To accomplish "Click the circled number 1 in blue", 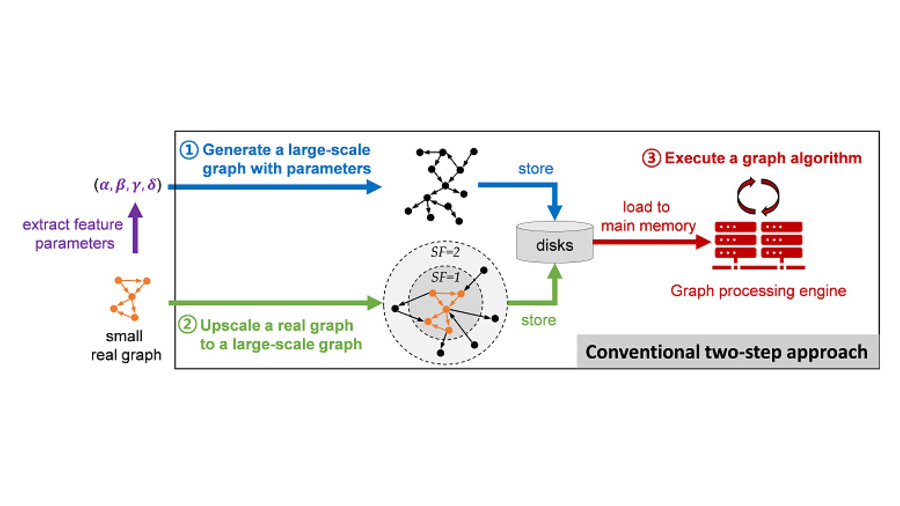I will point(188,150).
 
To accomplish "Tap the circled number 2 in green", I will point(187,325).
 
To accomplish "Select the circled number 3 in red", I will point(651,158).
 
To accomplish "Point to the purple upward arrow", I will point(135,228).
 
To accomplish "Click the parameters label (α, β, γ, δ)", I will point(128,185).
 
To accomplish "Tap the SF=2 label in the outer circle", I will point(445,252).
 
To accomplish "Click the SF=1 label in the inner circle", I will point(445,277).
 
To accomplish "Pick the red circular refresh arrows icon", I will point(758,196).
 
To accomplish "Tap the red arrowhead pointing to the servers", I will point(703,242).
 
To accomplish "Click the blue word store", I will point(535,169).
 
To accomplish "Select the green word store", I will point(538,320).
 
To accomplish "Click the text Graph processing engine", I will point(758,291).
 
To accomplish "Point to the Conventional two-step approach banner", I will point(727,352).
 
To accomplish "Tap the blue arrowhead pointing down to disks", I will point(555,212).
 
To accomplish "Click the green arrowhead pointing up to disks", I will point(555,272).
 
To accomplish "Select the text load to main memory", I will point(648,216).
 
